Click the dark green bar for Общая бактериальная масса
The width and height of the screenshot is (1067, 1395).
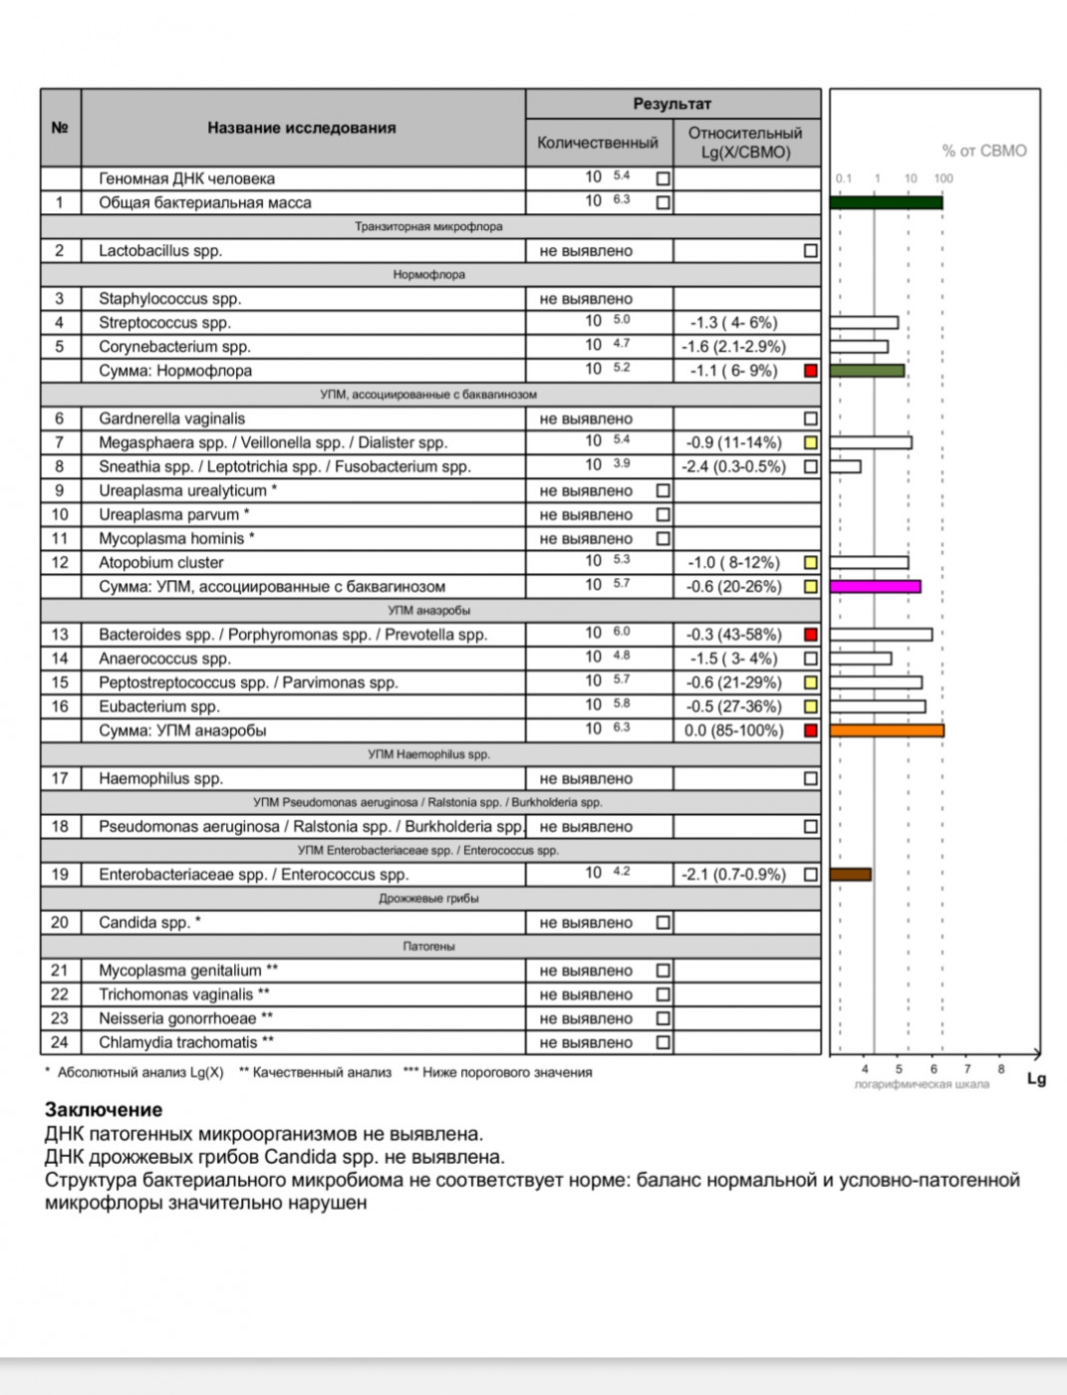click(x=886, y=203)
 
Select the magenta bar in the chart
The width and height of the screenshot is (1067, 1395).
click(x=875, y=587)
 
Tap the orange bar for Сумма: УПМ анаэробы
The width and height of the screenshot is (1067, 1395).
click(x=886, y=730)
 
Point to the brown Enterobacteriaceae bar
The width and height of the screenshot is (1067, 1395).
click(x=851, y=875)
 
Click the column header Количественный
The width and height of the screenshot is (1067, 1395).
click(x=598, y=142)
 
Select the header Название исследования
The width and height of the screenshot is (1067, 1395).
click(x=302, y=128)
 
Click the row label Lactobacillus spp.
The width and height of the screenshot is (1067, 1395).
click(x=160, y=251)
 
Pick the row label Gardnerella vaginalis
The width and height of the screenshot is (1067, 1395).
click(x=171, y=418)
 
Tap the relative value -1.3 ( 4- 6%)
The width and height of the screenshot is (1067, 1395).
click(x=734, y=323)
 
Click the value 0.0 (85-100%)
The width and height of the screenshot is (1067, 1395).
click(x=734, y=730)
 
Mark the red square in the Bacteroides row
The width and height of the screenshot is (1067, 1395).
click(x=811, y=635)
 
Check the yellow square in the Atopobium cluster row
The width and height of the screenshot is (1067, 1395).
click(x=811, y=563)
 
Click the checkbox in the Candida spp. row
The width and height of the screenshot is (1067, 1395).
click(x=664, y=923)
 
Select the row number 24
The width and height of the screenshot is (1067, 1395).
click(x=60, y=1042)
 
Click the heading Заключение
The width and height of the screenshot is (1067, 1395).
click(x=104, y=1109)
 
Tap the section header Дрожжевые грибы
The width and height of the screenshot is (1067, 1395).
click(x=428, y=899)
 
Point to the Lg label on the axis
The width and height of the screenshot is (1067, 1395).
click(x=1036, y=1078)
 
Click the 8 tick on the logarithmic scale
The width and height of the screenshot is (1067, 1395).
click(x=1001, y=1069)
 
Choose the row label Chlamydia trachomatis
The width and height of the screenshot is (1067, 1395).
click(x=186, y=1042)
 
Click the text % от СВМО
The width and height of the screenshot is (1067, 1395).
click(x=984, y=150)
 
